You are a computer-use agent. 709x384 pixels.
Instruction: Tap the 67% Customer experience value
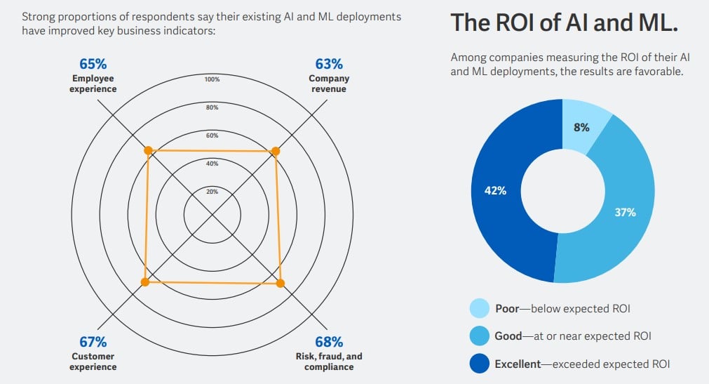pyautogui.click(x=93, y=342)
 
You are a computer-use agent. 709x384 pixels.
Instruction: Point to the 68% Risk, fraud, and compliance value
pyautogui.click(x=329, y=342)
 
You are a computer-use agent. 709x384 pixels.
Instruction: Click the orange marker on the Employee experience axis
pyautogui.click(x=148, y=150)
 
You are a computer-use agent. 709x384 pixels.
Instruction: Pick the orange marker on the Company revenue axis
pyautogui.click(x=275, y=151)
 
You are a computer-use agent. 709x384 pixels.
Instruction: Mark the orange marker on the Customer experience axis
pyautogui.click(x=145, y=282)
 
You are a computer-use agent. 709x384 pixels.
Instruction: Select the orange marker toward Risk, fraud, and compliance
pyautogui.click(x=281, y=283)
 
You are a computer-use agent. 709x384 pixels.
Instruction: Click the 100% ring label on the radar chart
pyautogui.click(x=212, y=79)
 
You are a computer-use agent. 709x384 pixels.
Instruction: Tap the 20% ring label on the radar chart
pyautogui.click(x=212, y=192)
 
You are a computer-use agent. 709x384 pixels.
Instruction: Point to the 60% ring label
pyautogui.click(x=212, y=135)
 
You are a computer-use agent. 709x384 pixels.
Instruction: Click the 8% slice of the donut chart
pyautogui.click(x=581, y=127)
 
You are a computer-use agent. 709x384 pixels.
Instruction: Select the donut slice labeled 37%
pyautogui.click(x=624, y=211)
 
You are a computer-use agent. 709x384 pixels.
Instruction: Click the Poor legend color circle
pyautogui.click(x=479, y=308)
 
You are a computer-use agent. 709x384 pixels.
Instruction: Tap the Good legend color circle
pyautogui.click(x=479, y=336)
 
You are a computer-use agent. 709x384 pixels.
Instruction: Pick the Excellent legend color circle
pyautogui.click(x=479, y=364)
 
